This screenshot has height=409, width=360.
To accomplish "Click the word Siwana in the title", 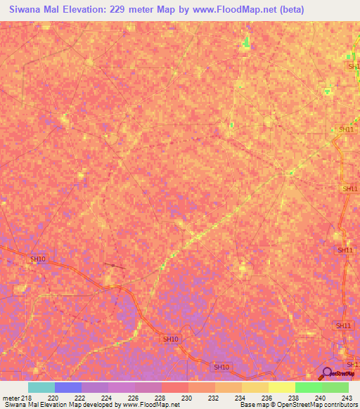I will (x=28, y=11).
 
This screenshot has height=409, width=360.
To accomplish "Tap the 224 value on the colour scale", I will (x=108, y=398).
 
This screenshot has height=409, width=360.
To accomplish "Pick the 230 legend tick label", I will (x=188, y=398).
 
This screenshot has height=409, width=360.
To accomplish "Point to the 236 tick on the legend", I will (x=268, y=398).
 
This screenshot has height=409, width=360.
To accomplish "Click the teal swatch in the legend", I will (x=41, y=387).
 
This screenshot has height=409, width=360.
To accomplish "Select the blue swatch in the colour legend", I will (x=67, y=387).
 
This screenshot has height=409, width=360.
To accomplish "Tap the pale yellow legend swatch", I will (x=281, y=387).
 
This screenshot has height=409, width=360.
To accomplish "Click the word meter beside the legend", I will (x=9, y=398).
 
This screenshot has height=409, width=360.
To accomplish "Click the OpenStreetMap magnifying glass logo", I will (x=328, y=373).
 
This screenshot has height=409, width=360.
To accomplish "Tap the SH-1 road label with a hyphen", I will (x=352, y=365).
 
